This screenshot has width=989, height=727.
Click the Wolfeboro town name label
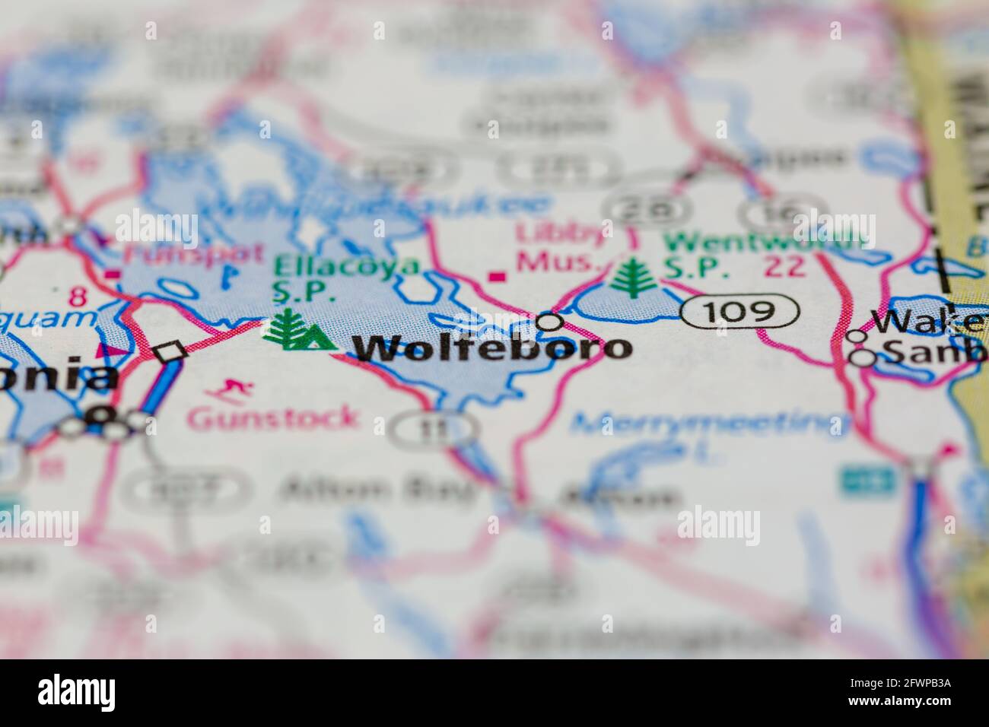tap(492, 348)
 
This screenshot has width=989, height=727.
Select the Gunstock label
tap(272, 417)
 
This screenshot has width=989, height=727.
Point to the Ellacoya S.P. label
tap(347, 278)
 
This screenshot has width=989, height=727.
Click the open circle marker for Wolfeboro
tap(549, 322)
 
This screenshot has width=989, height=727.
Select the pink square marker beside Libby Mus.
tap(499, 276)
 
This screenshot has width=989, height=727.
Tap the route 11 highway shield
tap(433, 430)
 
